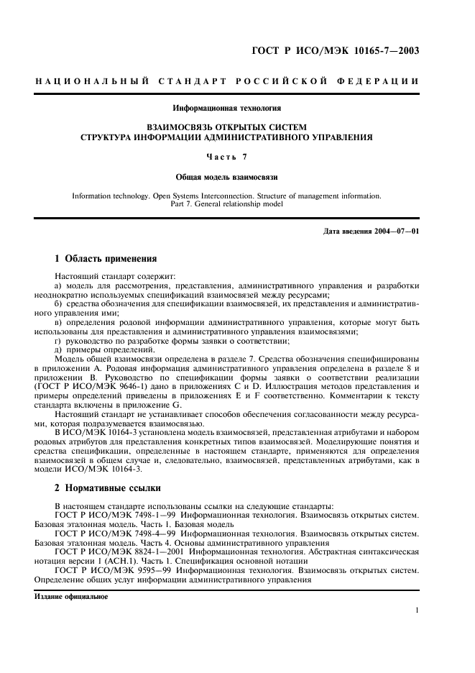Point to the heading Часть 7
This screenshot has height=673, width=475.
point(227,156)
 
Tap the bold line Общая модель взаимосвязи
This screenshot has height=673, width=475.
point(227,176)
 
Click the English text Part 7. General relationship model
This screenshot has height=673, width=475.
point(227,203)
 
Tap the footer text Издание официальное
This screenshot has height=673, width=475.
point(71,597)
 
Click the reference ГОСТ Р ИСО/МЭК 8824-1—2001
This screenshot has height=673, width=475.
point(119,554)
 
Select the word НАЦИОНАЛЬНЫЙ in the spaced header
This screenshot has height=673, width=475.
point(92,81)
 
